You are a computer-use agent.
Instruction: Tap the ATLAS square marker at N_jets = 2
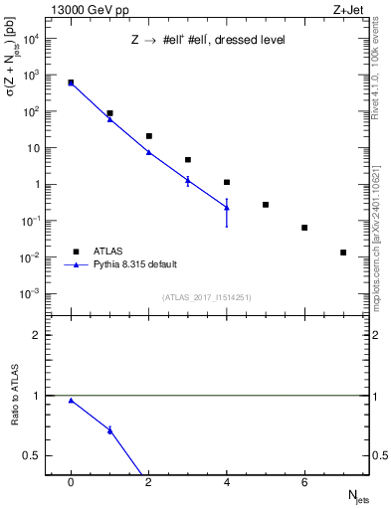point(149,136)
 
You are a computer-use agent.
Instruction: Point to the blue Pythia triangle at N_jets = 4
point(227,207)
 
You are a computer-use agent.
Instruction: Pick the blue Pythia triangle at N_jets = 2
point(149,152)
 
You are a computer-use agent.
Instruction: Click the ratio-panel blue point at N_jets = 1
point(109,429)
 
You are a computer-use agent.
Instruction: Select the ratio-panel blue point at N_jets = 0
point(71,401)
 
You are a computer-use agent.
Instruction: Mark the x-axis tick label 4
point(227,482)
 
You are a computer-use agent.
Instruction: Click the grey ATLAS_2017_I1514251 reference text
point(207,297)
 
